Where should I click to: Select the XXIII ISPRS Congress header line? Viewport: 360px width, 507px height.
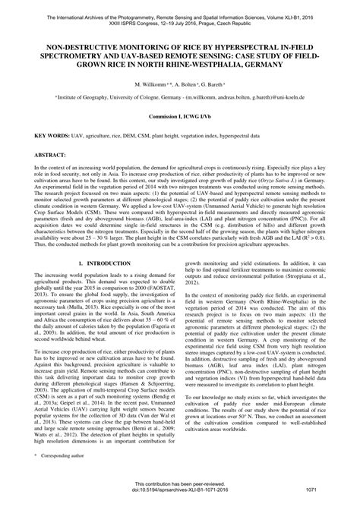(180, 21)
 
